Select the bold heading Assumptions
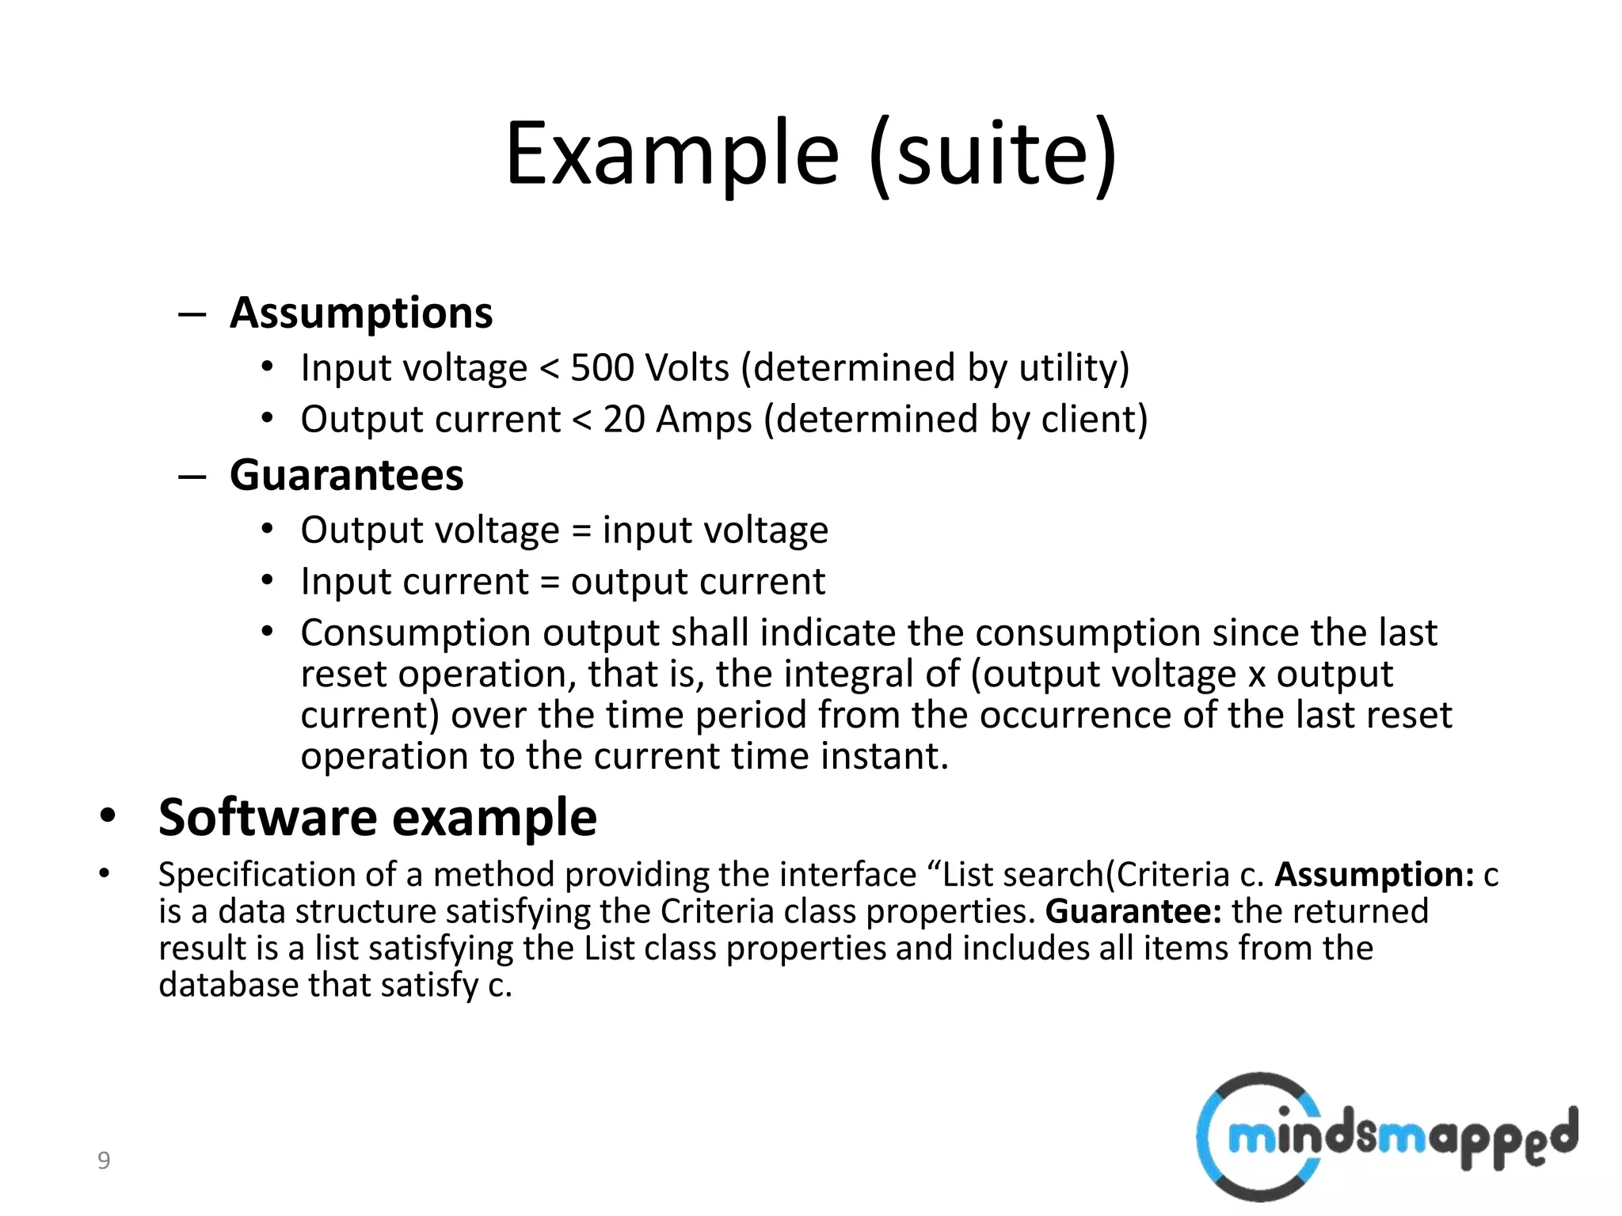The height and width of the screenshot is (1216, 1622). [x=361, y=313]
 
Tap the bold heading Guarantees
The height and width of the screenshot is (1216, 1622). [x=346, y=475]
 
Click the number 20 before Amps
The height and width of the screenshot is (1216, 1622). [x=624, y=420]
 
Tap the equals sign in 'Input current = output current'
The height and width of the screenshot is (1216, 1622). [x=550, y=583]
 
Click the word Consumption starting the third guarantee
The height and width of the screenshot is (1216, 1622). [x=415, y=633]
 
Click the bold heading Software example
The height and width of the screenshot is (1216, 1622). [x=378, y=818]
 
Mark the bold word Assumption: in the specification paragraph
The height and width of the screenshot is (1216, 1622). [x=1374, y=875]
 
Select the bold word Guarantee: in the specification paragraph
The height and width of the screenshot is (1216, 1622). [x=1133, y=911]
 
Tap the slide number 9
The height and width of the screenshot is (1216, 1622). [x=104, y=1161]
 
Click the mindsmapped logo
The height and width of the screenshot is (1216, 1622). [x=1386, y=1137]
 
